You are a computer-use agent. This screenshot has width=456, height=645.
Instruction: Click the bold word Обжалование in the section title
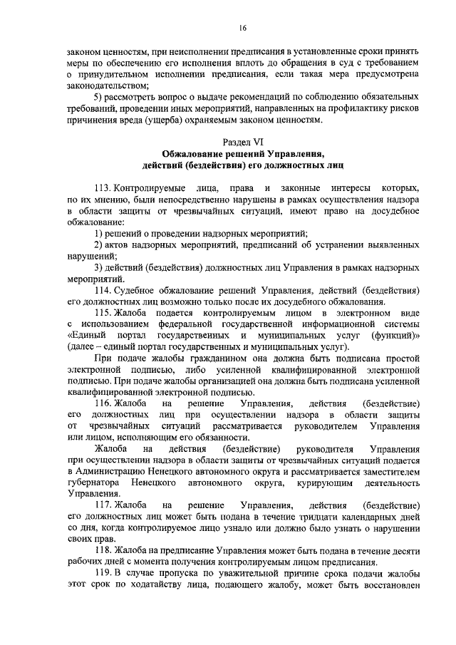(194, 153)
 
